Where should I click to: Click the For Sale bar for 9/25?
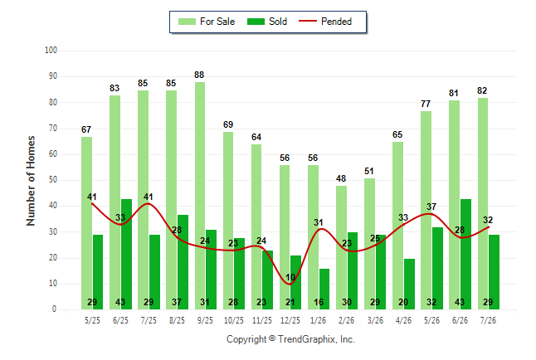200,196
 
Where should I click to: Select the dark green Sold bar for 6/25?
126,254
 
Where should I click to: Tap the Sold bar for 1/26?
324,289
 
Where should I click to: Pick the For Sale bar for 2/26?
341,247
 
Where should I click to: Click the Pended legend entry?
325,22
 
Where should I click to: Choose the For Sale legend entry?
207,22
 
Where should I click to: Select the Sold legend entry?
267,22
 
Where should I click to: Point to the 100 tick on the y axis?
51,51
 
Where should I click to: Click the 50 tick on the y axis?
52,180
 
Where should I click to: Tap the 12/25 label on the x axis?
290,320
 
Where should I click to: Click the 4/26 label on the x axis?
403,320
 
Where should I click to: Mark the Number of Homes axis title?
31,181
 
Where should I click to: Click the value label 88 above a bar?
199,75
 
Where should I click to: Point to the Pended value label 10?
290,277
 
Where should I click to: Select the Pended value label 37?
431,207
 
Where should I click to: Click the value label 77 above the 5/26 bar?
426,104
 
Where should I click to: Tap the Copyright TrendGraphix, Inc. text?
290,339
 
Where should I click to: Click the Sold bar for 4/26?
409,285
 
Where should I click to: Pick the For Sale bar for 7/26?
483,204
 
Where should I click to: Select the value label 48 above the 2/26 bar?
341,179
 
